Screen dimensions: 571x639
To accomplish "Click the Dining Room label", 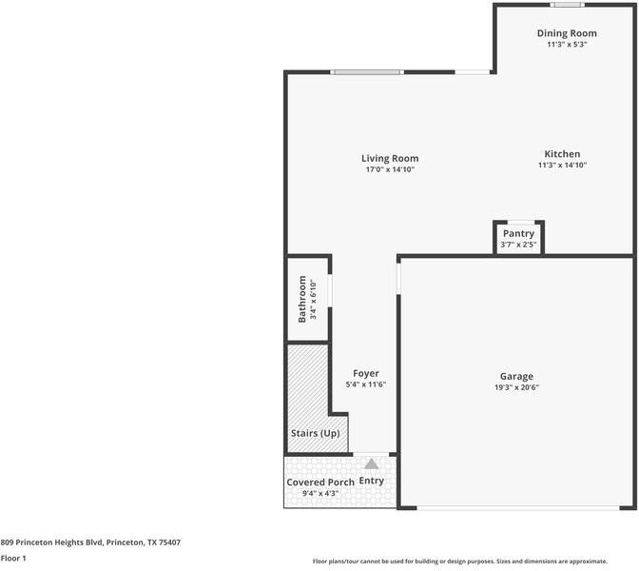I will click(x=566, y=33).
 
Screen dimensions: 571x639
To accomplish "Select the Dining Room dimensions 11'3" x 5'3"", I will click(x=566, y=45).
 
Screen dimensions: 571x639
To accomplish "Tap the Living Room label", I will click(x=390, y=158).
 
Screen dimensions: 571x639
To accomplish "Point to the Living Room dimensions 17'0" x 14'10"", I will click(x=390, y=169).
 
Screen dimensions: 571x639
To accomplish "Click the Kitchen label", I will click(x=562, y=153).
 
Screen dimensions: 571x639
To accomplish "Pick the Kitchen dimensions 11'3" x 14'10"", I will click(x=562, y=165).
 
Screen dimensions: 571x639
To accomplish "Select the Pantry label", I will click(x=518, y=233).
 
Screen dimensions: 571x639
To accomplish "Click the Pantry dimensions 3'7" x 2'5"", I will click(x=518, y=245).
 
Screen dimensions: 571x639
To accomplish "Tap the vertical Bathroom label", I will click(x=302, y=299).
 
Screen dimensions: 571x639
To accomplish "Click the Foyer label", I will click(x=366, y=373).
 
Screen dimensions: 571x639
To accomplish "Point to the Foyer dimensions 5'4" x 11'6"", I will click(x=365, y=384).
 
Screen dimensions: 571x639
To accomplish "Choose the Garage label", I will click(x=517, y=376).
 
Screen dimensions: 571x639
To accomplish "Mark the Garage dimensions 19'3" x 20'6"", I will click(x=517, y=387).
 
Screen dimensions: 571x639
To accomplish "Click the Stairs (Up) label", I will click(x=315, y=434).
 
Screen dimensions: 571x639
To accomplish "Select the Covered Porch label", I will click(x=320, y=482).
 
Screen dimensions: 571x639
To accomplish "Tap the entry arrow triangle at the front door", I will click(x=371, y=464).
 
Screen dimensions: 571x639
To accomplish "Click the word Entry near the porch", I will click(x=372, y=481).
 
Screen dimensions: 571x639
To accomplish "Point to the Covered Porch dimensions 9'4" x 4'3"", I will click(x=320, y=494).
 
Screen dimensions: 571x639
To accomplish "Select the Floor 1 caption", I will click(x=13, y=559).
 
